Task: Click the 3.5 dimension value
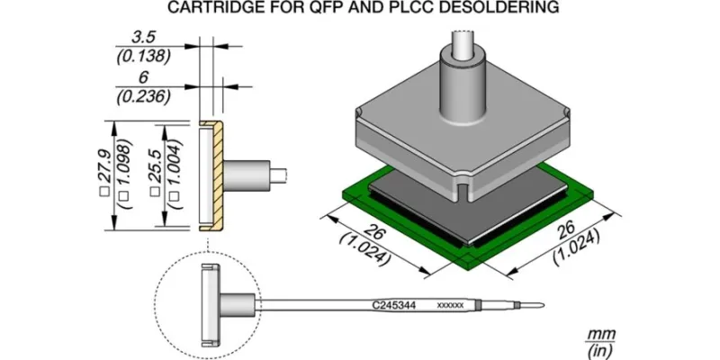(x=143, y=37)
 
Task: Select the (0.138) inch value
(x=144, y=57)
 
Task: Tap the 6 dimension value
(x=143, y=77)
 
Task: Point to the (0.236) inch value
(x=144, y=96)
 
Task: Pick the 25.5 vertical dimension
(x=155, y=175)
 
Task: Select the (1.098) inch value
(x=125, y=174)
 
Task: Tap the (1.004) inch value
(x=175, y=174)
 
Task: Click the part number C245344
(x=393, y=305)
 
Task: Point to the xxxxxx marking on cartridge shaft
(x=450, y=305)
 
